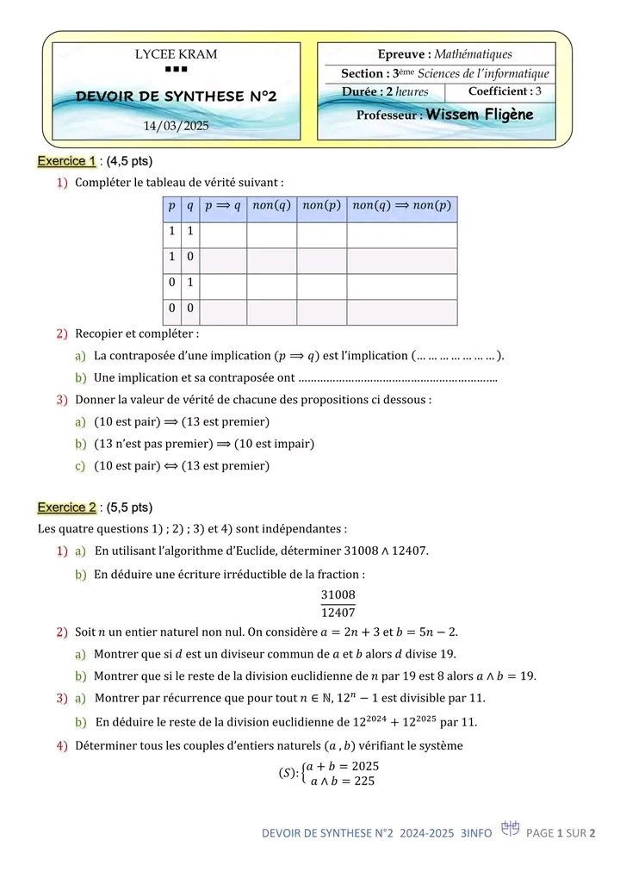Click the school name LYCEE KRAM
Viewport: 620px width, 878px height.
(x=177, y=54)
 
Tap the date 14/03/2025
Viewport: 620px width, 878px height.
(x=176, y=127)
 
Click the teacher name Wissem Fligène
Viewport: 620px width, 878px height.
(x=480, y=115)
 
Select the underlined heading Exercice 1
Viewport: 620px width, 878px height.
(x=66, y=161)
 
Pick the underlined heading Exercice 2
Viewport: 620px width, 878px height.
(x=66, y=507)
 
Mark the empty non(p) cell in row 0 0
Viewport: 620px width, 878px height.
(x=322, y=312)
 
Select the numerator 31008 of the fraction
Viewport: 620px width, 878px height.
(x=338, y=595)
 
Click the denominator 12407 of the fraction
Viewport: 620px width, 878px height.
(x=338, y=613)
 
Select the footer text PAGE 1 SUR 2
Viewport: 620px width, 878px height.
(x=561, y=833)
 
